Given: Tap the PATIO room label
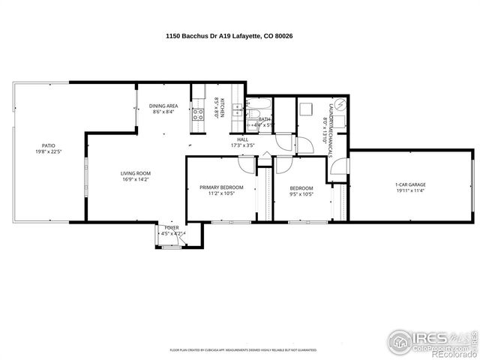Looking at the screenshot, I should [48, 145].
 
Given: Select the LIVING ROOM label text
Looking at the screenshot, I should [136, 173].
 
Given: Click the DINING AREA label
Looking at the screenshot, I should [163, 106].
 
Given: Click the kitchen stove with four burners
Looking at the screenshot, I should [199, 114].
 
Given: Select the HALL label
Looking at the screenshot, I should [243, 139].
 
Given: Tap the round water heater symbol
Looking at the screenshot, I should [340, 104].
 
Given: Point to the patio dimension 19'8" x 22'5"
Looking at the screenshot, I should [48, 152].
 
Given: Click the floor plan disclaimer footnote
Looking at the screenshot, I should [242, 349].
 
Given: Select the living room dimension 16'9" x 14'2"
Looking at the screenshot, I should [136, 180].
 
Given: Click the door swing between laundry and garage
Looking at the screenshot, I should [337, 168].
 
